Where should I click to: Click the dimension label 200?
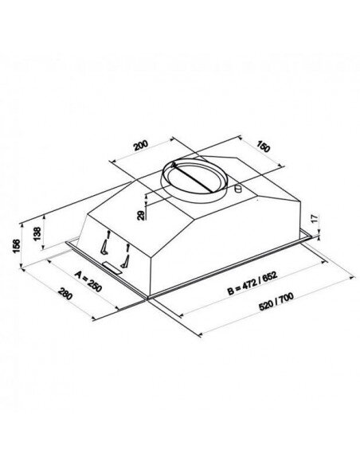click(x=141, y=147)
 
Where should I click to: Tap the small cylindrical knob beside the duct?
click(x=237, y=190)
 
